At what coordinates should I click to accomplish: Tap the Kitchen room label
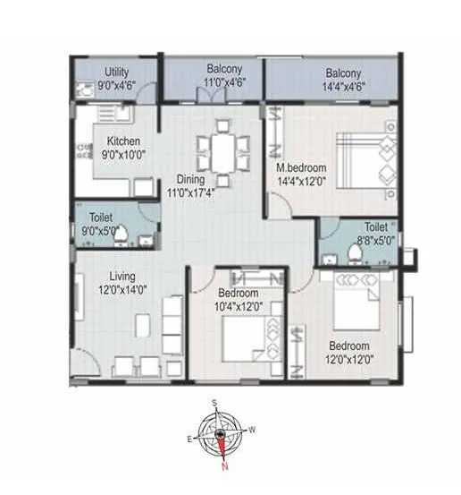122,141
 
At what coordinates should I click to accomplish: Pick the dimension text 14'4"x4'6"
343,86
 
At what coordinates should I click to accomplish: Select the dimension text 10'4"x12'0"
239,306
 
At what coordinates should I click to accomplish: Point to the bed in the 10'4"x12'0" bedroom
245,342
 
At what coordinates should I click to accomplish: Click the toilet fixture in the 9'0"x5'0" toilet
128,235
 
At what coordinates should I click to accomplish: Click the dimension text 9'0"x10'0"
122,154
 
